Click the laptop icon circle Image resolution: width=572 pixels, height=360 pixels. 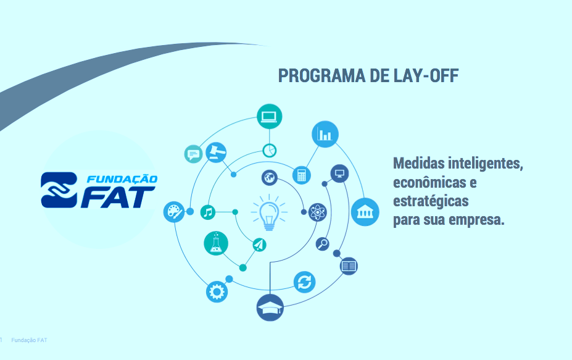[269, 117]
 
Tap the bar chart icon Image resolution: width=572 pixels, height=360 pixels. [325, 134]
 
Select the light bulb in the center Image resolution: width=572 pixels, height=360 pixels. [269, 216]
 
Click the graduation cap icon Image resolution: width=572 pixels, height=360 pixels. [270, 308]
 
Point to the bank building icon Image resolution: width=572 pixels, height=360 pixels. [365, 212]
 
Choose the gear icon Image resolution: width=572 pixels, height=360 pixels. [217, 291]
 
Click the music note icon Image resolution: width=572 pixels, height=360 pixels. [208, 212]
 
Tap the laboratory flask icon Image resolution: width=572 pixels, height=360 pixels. [216, 243]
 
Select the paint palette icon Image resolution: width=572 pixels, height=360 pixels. [173, 212]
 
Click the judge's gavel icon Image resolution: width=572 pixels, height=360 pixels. [216, 153]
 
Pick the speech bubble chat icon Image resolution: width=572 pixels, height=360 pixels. [193, 154]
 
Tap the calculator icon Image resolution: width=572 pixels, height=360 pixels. [301, 175]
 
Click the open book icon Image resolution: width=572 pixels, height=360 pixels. [349, 266]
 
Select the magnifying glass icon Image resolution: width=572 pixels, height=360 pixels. [323, 243]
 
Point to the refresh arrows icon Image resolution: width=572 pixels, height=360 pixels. [304, 282]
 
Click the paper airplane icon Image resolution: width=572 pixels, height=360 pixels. [259, 245]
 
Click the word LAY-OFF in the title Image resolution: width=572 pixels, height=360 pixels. [426, 75]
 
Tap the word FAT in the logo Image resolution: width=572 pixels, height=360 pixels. [118, 197]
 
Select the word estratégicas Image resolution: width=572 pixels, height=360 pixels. [431, 201]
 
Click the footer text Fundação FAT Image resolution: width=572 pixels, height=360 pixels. [29, 340]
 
